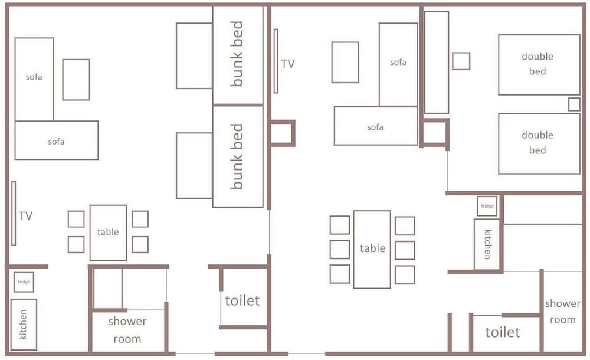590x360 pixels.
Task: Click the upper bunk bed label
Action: pos(237,54)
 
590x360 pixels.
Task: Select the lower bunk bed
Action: pos(238,156)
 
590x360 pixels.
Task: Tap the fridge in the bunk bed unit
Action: pos(24,282)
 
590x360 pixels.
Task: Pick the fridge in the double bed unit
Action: pos(487,206)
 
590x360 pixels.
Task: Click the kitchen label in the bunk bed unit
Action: pos(24,325)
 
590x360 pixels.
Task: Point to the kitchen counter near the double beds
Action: pos(487,244)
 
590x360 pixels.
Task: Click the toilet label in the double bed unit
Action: pos(503,332)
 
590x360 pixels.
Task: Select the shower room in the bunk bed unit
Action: pos(128,329)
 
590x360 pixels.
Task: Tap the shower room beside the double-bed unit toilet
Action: pos(562,312)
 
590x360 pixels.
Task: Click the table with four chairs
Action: pos(108,233)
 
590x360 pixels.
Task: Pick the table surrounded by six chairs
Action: pos(372,249)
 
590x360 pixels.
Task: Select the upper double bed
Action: pos(539,65)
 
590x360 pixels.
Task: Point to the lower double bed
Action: pos(539,144)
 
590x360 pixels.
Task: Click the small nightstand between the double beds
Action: pos(574,104)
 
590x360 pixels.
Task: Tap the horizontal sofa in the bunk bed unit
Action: pos(57,140)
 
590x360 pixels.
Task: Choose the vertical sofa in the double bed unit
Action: pos(398,64)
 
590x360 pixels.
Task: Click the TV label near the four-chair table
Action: pos(25,216)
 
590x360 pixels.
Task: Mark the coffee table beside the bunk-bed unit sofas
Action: pos(76,80)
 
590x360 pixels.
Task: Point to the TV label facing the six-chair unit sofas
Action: pos(288,64)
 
